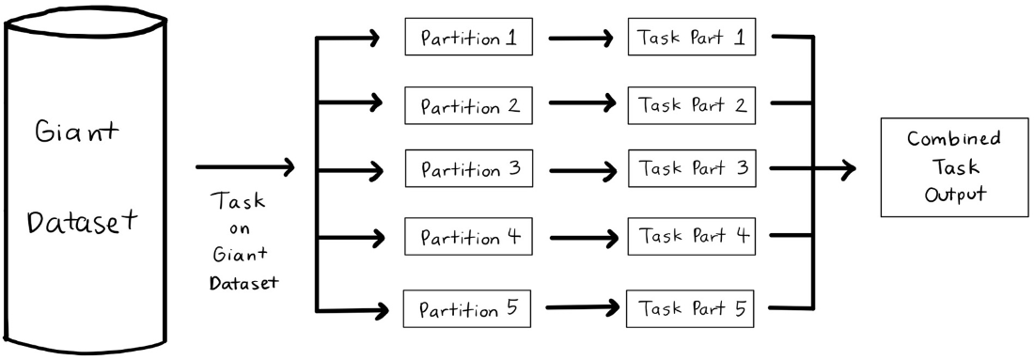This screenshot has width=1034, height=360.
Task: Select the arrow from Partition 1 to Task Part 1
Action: coord(581,39)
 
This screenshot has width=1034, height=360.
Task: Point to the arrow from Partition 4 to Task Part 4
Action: coord(582,238)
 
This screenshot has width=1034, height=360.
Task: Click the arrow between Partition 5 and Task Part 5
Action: coord(583,307)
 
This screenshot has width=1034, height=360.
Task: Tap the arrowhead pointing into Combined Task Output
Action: coord(847,169)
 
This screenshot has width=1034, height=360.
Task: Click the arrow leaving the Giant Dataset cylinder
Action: coord(244,167)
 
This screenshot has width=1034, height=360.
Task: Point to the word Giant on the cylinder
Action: coord(77,133)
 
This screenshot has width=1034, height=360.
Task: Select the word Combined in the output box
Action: coord(953,140)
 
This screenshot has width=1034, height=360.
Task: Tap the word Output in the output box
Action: coord(955,195)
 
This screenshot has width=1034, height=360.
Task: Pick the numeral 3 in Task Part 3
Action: coord(742,167)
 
